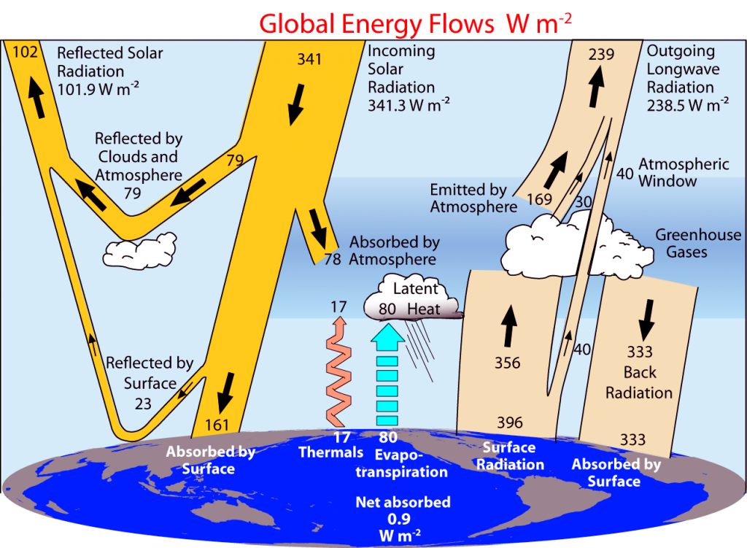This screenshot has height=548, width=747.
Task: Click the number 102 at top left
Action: click(25, 52)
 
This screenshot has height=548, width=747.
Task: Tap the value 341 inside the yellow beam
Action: click(309, 59)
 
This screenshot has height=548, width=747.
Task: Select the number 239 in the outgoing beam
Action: click(601, 54)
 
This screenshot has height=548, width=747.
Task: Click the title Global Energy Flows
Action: click(377, 24)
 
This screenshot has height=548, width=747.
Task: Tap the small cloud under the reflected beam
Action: click(139, 251)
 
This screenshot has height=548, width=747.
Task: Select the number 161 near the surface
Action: click(217, 425)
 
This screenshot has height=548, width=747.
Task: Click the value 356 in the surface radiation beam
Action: click(508, 363)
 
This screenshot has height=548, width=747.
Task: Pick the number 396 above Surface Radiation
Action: click(510, 422)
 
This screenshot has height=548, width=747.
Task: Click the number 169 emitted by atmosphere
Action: click(539, 199)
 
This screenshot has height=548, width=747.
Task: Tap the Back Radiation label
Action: click(639, 382)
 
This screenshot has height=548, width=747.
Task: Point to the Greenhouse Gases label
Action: click(698, 243)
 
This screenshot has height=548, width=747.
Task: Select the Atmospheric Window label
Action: click(684, 172)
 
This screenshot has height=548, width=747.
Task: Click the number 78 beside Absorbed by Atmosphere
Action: click(333, 259)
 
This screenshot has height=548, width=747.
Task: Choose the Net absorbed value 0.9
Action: click(399, 519)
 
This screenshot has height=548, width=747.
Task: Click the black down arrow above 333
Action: click(646, 320)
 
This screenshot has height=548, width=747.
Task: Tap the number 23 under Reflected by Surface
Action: click(143, 404)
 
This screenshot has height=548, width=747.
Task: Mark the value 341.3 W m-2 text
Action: click(409, 105)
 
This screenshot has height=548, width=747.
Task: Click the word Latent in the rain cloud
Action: click(415, 289)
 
